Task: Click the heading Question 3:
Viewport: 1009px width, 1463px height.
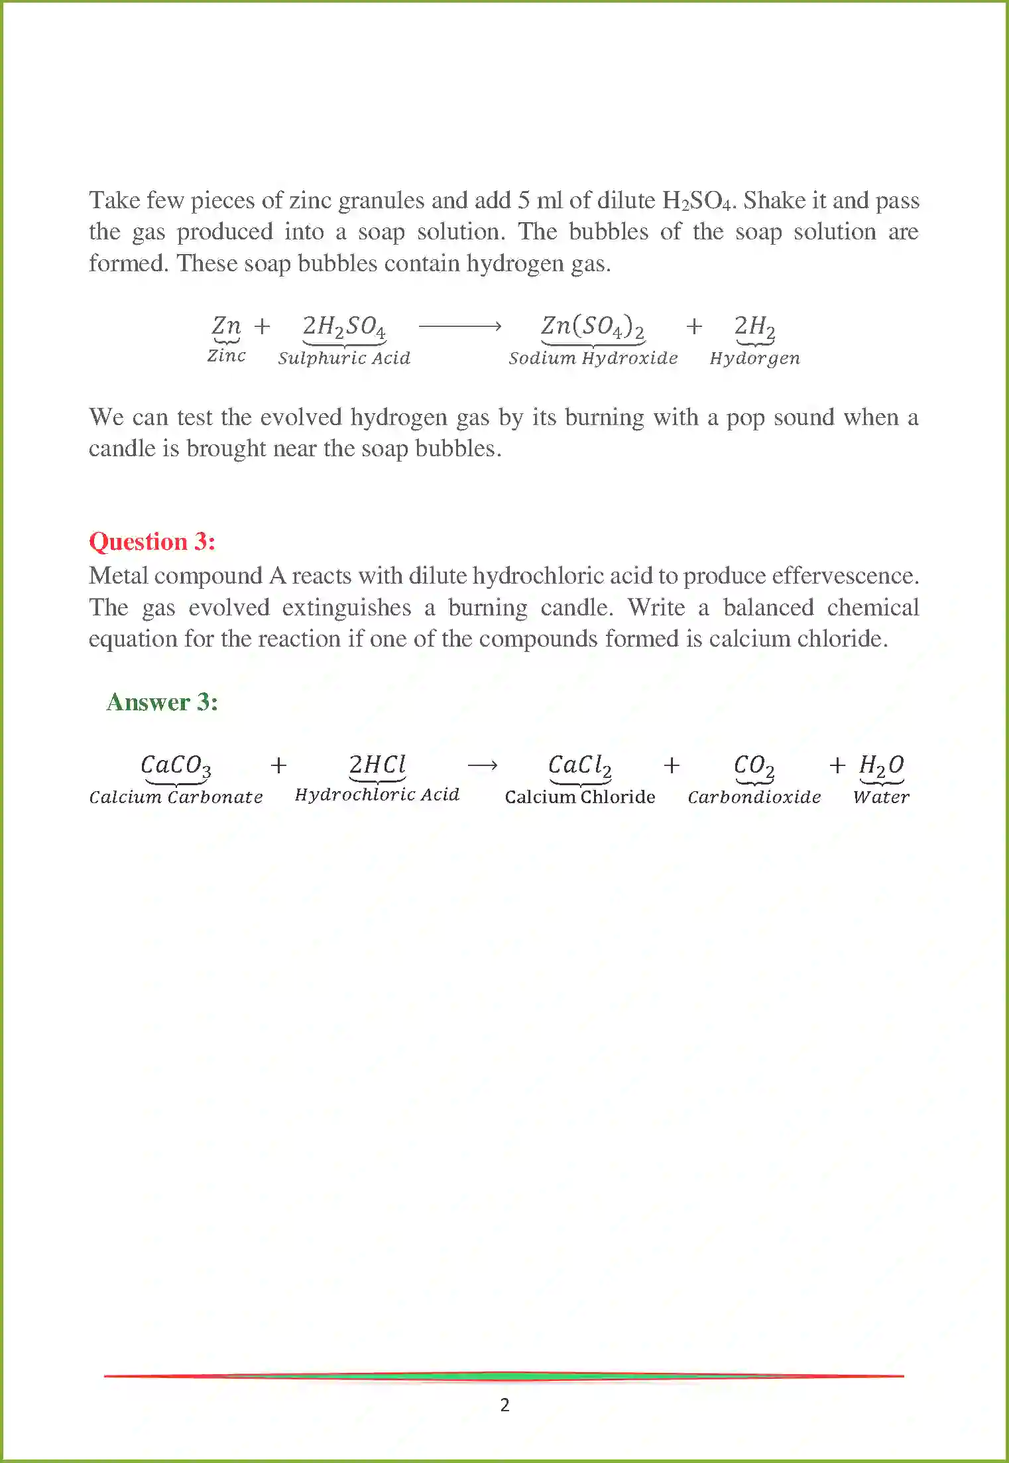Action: point(152,542)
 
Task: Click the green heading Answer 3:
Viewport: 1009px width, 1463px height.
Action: point(162,702)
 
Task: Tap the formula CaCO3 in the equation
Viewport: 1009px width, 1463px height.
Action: point(176,765)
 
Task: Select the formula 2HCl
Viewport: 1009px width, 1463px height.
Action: point(377,765)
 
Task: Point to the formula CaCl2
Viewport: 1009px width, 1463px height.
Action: point(579,765)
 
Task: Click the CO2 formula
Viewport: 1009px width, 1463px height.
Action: point(754,765)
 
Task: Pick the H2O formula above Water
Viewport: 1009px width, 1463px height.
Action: point(881,765)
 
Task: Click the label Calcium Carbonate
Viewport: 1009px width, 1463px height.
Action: point(176,796)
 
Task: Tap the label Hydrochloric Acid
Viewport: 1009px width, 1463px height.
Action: point(377,795)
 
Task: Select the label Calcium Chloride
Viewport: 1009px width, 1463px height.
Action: point(579,796)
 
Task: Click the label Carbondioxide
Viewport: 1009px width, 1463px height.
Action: point(754,796)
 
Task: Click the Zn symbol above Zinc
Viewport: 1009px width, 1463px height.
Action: point(226,326)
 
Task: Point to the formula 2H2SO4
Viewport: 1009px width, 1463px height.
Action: point(343,326)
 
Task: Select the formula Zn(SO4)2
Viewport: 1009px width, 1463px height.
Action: point(593,326)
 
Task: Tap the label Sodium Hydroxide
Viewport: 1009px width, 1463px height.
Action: point(593,358)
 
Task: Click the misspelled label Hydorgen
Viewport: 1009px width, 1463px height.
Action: point(754,358)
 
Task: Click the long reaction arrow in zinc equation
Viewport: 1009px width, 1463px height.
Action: point(459,326)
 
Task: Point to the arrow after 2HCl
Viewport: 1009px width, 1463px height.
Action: point(482,765)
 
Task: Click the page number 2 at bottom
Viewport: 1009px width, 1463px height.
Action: point(504,1405)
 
